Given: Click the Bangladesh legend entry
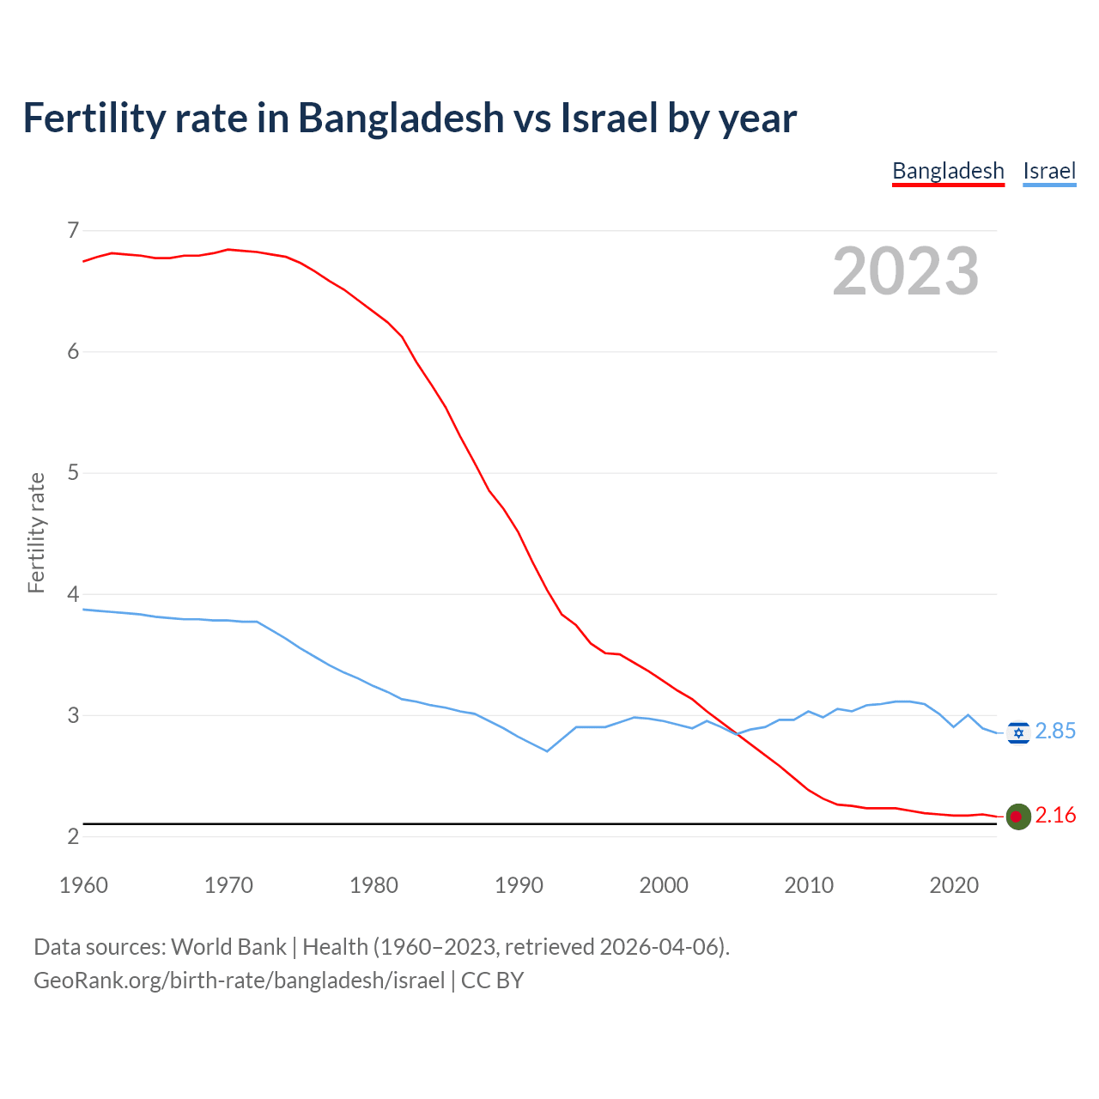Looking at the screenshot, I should coord(948,171).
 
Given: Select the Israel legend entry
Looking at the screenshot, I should coord(1049,171).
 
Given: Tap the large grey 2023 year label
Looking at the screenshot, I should coord(906,271).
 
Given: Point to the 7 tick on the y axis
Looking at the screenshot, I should coord(73,230).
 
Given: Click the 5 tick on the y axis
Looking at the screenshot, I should coord(73,472).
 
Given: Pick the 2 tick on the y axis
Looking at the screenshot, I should coord(73,836).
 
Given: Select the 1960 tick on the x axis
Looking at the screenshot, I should coord(83,885).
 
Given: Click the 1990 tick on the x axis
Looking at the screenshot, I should coord(519,885).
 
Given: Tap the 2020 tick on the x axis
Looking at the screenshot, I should coord(954,885).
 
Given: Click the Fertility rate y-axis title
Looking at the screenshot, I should coord(36,532).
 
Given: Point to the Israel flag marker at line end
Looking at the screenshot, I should coord(1018,732).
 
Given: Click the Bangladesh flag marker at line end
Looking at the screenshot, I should coord(1018,817).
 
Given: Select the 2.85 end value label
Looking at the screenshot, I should coord(1055,731).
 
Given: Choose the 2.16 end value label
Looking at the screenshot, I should coord(1055,815).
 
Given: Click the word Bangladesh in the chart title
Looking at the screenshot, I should coord(401,118).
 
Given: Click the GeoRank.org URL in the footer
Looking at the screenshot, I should coord(239,981).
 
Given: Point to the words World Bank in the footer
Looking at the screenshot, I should coord(228,947).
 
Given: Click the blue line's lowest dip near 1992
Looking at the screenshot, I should coord(547,751).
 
